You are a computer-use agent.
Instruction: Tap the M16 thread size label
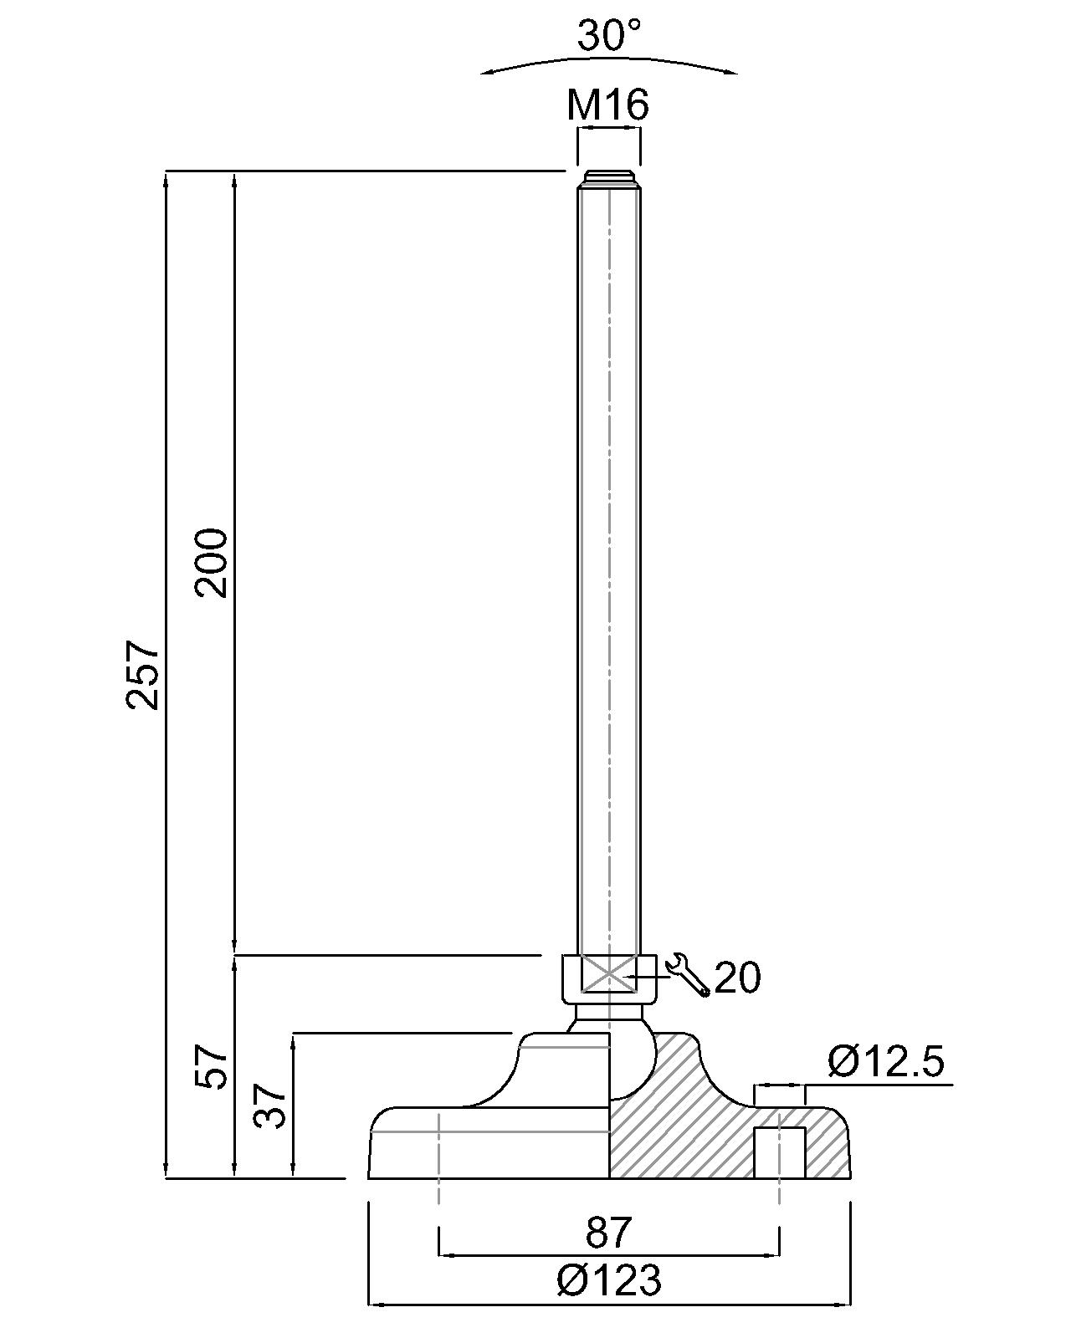(x=607, y=105)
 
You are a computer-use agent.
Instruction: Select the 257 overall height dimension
(x=143, y=674)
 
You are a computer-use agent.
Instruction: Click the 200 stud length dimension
(x=212, y=562)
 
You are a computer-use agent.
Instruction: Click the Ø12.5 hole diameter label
(x=886, y=1063)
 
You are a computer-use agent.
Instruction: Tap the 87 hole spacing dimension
(x=608, y=1233)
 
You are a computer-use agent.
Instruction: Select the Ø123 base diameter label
(x=608, y=1280)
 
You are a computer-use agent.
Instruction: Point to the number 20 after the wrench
(x=738, y=978)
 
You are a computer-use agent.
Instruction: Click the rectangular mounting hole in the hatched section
(x=780, y=1152)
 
